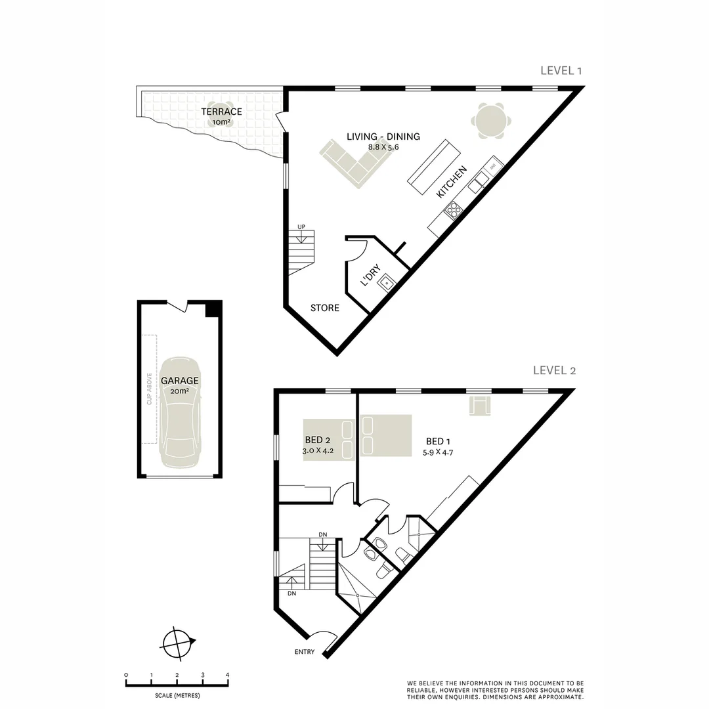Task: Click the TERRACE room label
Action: coord(221,112)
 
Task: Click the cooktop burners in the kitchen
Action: coord(453,209)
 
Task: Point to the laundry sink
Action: coord(387,283)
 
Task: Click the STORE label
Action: coord(325,308)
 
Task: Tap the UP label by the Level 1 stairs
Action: coord(301,227)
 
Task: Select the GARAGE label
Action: coord(179,380)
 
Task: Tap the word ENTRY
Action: coord(305,652)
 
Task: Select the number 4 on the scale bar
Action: coord(227,675)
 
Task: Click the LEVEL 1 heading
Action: coord(561,71)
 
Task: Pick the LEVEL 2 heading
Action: coord(555,370)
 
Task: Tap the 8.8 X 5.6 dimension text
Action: coord(383,147)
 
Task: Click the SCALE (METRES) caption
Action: coord(177,695)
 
